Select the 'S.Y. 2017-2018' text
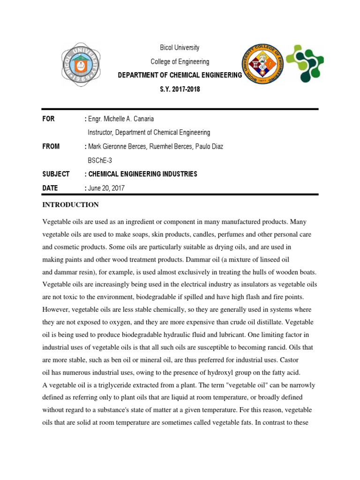180,89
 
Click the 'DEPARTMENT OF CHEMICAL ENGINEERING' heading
180,75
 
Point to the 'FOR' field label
49,119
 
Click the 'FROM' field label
51,146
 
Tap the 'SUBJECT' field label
56,174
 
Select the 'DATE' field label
50,188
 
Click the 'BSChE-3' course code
100,160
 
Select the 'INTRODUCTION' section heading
71,205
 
